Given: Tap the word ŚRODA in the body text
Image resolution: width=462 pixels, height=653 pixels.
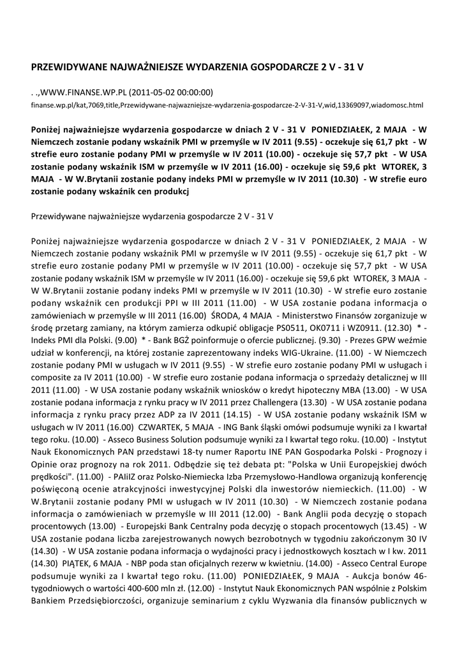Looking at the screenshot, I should [x=224, y=317].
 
